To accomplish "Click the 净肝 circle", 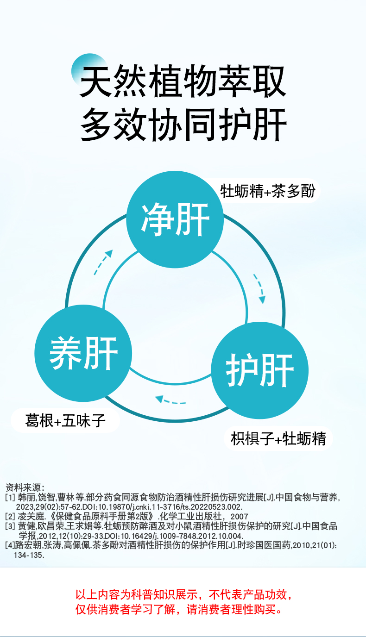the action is pyautogui.click(x=175, y=219).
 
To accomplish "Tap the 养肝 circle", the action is pyautogui.click(x=83, y=353).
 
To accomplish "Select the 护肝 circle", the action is pyautogui.click(x=259, y=370).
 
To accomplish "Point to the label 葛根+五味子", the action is pyautogui.click(x=65, y=421).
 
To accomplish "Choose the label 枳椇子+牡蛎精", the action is pyautogui.click(x=278, y=438).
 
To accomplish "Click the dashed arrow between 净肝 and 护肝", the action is pyautogui.click(x=259, y=288).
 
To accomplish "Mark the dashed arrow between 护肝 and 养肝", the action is pyautogui.click(x=170, y=400).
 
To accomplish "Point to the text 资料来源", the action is pyautogui.click(x=24, y=487).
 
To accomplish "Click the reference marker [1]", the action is pyautogui.click(x=10, y=498).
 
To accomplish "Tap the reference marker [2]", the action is pyautogui.click(x=10, y=516).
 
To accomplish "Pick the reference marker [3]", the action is pyautogui.click(x=10, y=526).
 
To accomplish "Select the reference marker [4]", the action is pyautogui.click(x=10, y=545).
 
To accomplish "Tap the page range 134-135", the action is pyautogui.click(x=29, y=555).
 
